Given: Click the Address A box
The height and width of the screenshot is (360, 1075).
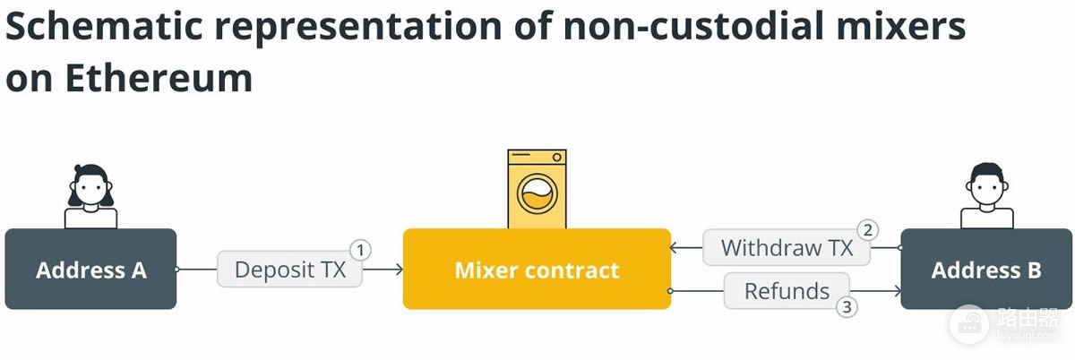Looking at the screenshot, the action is point(90,269).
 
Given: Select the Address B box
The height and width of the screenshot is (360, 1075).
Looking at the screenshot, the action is point(986,269).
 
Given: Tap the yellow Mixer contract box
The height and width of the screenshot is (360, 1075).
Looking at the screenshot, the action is point(537,269).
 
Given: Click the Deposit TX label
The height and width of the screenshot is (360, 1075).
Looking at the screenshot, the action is point(290,269).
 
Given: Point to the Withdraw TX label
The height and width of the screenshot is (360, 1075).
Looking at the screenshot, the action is point(787,248).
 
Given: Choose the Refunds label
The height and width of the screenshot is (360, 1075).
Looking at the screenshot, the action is point(787,291).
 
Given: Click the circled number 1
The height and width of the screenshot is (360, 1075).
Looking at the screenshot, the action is point(360,250).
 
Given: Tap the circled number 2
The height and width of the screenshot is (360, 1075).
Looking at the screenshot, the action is point(868,230).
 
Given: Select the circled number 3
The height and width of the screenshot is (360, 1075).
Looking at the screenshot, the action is point(847,307).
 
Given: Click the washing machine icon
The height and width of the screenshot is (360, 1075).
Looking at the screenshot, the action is point(537,189).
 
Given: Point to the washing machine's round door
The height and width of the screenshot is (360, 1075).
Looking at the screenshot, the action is point(537,194).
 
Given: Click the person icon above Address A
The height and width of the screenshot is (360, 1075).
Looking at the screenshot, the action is point(90,196).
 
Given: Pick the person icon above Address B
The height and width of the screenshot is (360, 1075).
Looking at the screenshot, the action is point(986,196).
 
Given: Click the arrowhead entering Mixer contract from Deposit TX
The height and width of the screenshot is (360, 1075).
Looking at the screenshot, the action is point(399,270).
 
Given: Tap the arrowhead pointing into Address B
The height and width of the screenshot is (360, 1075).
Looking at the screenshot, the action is point(896,291).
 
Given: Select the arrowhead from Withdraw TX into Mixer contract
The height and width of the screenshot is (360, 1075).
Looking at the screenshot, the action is point(675,248).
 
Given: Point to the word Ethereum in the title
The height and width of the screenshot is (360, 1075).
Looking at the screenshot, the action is point(159,78).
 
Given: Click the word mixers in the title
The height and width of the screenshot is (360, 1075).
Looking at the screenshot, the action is point(901,26).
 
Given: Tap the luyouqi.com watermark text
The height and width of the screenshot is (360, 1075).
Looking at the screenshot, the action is point(1028,335).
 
